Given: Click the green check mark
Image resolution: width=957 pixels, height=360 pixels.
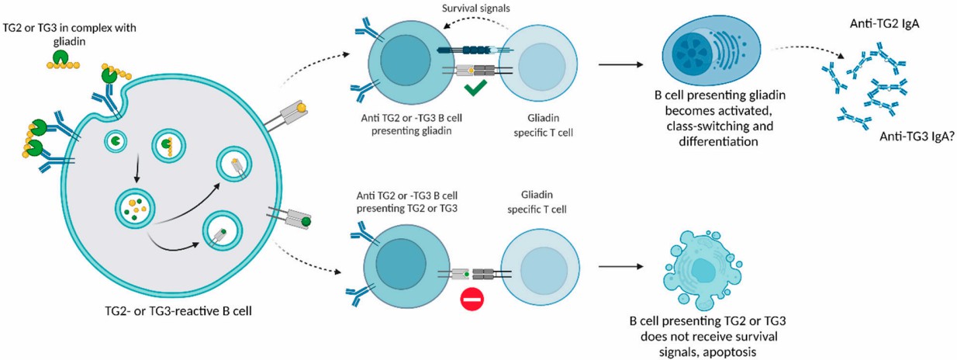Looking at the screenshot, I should click(478, 92).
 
